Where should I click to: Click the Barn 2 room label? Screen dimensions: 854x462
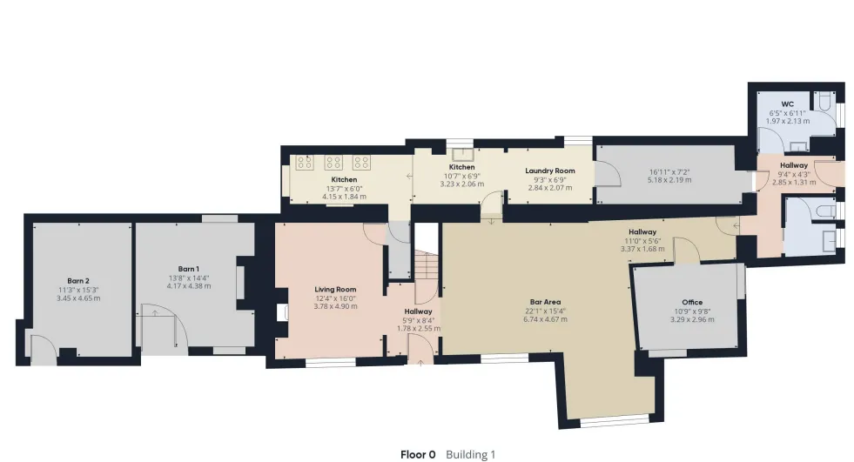78,281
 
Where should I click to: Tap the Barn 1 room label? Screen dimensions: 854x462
188,269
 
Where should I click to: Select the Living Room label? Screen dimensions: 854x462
335,290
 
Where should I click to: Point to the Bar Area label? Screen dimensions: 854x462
545,302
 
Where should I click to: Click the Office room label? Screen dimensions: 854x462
692,302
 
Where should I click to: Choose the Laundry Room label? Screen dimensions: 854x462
550,171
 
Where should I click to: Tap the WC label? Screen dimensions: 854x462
788,104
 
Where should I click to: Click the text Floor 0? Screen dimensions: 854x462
418,454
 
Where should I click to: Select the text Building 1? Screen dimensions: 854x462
471,454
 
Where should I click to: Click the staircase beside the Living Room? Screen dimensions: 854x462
427,265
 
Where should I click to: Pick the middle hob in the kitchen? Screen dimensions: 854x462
333,162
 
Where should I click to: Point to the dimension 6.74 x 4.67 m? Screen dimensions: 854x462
545,319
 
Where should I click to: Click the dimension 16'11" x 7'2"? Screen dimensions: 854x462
669,172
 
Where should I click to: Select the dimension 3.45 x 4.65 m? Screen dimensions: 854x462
78,298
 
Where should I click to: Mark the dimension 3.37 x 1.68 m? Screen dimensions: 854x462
642,249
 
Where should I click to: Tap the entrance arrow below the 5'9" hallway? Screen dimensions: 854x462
420,362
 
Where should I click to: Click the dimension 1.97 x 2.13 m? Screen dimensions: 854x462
788,121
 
